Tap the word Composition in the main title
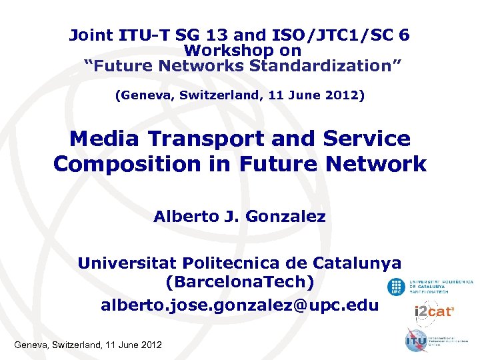127,163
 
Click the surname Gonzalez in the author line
288,217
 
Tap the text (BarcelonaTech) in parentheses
239,283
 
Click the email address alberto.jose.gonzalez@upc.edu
239,305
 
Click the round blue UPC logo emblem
396,287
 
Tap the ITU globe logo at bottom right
417,340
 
